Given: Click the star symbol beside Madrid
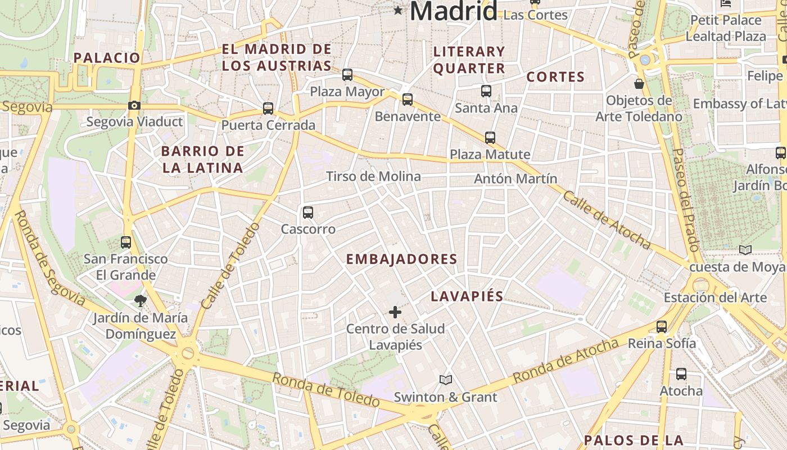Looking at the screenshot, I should click(x=399, y=10).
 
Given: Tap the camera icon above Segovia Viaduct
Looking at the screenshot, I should click(x=134, y=105).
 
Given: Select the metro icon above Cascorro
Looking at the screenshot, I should click(x=307, y=213).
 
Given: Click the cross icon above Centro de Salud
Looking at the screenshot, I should click(x=395, y=312).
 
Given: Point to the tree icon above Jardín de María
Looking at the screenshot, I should click(x=141, y=301).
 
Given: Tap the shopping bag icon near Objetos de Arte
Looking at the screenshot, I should click(x=639, y=84).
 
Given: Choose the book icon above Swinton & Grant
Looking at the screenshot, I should click(x=446, y=380).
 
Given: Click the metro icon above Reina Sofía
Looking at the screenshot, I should click(x=662, y=327).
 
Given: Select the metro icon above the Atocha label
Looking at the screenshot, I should click(x=681, y=374).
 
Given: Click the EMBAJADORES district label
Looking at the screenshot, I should click(x=401, y=259).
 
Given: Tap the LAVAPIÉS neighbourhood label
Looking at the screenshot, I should click(x=467, y=296).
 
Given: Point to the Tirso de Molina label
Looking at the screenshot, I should click(x=373, y=177).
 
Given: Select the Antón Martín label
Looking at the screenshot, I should click(x=515, y=179).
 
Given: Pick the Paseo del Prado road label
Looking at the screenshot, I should click(x=686, y=200).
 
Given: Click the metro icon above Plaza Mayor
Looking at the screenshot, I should click(x=347, y=75).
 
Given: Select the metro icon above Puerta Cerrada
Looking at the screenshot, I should click(x=268, y=109).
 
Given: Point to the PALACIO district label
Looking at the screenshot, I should click(x=107, y=58).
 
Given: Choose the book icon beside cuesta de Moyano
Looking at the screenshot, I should click(x=745, y=250).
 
